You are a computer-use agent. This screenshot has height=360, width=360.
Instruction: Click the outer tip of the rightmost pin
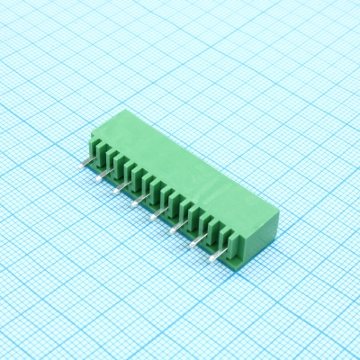(210, 260)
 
